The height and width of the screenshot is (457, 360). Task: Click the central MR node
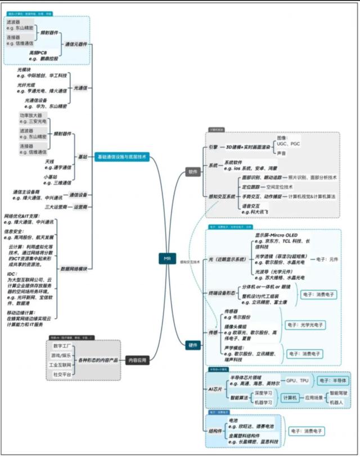coord(166,258)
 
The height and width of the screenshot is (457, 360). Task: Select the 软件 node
coord(193,172)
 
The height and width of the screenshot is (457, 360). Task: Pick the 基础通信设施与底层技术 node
coord(122,157)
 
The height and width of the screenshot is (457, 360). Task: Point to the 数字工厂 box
coord(62,346)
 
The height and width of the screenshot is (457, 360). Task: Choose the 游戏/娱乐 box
coord(62,355)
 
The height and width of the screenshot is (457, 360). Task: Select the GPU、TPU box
coord(296,380)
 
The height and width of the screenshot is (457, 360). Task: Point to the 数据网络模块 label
coord(74,269)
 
